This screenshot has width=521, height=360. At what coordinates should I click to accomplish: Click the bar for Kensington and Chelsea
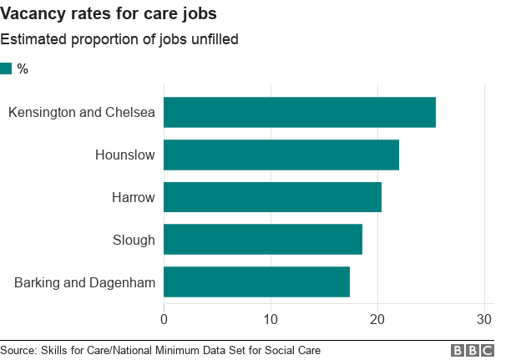point(299,113)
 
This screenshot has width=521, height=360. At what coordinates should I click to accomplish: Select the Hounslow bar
point(281,155)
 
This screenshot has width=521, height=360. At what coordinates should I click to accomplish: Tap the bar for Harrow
point(272,197)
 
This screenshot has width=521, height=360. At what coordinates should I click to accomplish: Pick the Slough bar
point(262,240)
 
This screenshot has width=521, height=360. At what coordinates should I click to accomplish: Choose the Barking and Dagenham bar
point(256,282)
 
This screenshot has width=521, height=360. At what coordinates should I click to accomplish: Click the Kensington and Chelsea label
point(82,113)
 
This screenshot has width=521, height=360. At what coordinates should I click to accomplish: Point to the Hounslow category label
point(125,155)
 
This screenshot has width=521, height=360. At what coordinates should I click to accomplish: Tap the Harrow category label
point(134,197)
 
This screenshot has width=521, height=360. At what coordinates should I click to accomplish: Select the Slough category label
point(134,240)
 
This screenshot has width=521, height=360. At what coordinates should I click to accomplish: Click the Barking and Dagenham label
point(85,282)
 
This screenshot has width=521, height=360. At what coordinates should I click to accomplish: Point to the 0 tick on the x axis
point(164,319)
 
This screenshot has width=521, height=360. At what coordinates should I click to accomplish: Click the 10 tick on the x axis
point(271,319)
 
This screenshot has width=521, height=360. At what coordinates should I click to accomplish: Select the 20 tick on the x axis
point(377,319)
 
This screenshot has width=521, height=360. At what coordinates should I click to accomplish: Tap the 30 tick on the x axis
point(484,319)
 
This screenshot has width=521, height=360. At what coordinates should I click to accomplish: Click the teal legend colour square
point(6,68)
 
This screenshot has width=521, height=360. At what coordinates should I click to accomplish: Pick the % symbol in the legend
point(23,68)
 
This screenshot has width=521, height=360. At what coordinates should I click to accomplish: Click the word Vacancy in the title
point(32,14)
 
